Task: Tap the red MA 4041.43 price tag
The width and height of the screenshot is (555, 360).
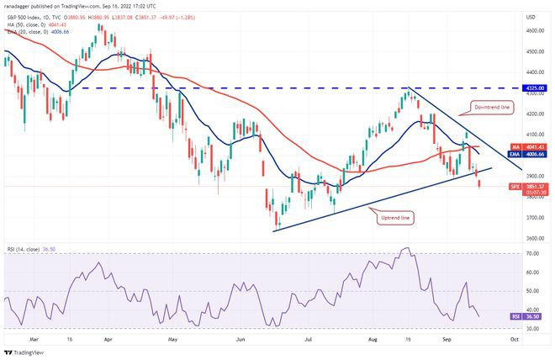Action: [535, 146]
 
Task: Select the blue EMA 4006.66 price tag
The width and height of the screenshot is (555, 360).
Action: [535, 155]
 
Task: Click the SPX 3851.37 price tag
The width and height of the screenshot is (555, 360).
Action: [535, 186]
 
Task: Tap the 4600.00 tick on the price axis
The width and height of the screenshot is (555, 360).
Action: [533, 30]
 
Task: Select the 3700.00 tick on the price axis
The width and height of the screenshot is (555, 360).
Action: [533, 217]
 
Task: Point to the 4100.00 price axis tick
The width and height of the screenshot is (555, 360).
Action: [533, 135]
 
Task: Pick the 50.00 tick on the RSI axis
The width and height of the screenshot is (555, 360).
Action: [531, 290]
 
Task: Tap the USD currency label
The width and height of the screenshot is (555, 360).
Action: [531, 16]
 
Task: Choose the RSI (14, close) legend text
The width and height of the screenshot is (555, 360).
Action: [29, 249]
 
